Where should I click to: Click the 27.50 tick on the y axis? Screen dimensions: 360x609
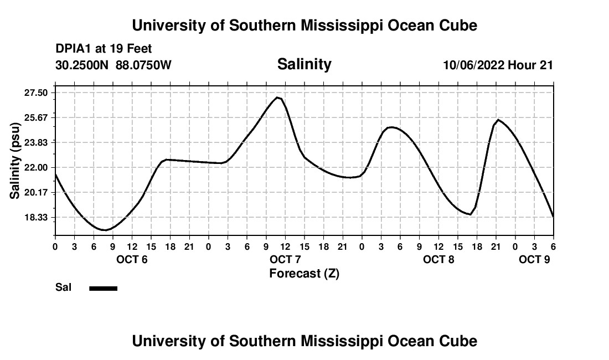(36, 92)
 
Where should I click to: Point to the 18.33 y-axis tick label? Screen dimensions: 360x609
(36, 217)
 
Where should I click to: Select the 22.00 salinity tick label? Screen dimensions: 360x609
(36, 167)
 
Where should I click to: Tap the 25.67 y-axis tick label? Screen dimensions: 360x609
(36, 117)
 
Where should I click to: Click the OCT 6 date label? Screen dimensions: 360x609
(132, 259)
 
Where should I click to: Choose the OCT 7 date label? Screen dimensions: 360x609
(285, 259)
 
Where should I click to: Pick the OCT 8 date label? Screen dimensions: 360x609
(438, 259)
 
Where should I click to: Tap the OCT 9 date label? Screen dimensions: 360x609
(534, 259)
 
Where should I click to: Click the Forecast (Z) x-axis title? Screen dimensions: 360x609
(304, 273)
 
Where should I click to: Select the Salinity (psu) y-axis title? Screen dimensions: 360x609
(15, 161)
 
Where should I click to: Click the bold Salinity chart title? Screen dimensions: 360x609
(304, 64)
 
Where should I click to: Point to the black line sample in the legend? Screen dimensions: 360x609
(104, 288)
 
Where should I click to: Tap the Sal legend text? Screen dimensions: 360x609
(63, 287)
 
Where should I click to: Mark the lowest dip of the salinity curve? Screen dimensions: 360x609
(104, 230)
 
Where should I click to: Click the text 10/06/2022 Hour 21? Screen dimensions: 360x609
(498, 65)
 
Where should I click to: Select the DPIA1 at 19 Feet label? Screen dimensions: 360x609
(104, 49)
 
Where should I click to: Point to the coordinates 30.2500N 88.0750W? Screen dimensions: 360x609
(113, 65)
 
